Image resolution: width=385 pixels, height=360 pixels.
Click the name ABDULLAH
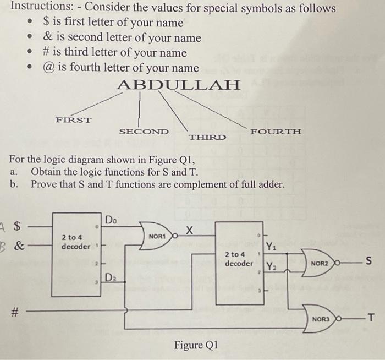point(179,85)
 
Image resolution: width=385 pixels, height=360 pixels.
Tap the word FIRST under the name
point(73,119)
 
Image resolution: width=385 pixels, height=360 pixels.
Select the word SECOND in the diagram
point(144,132)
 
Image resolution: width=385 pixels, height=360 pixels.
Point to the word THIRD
point(207,137)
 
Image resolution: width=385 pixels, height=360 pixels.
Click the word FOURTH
point(276,132)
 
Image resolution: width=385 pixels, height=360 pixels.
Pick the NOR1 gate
point(158,236)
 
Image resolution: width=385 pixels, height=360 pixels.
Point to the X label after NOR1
point(189,228)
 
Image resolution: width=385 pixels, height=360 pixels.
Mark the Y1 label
point(272,247)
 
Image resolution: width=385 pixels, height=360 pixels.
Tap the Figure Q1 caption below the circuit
point(196,346)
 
